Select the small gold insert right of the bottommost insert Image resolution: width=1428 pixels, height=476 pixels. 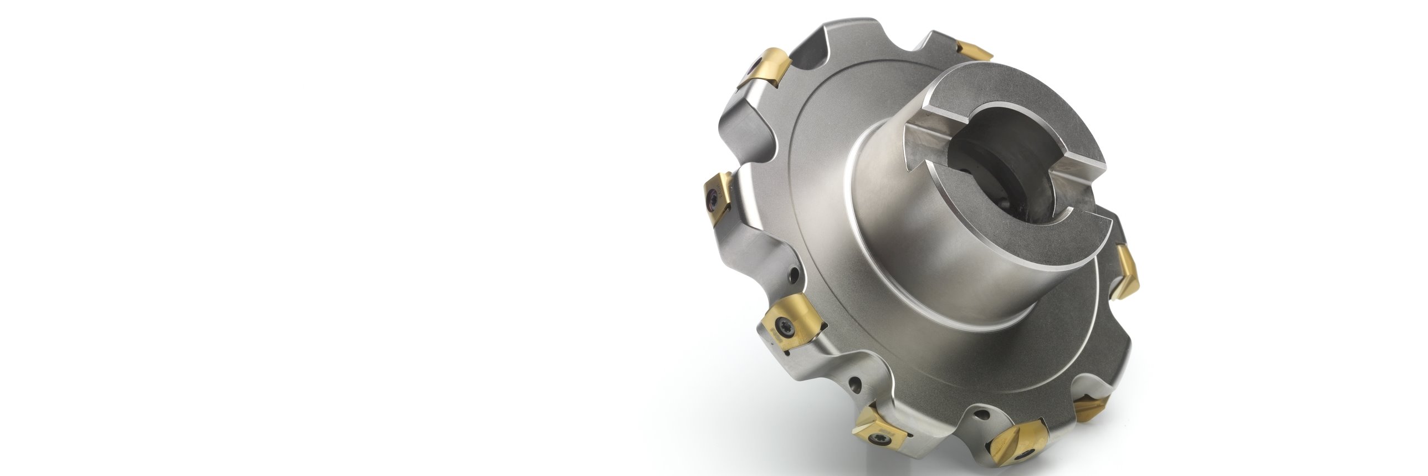[x=1091, y=408]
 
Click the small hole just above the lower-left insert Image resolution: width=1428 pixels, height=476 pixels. [x=795, y=275]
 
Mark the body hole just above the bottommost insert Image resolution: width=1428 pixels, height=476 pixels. [x=984, y=413]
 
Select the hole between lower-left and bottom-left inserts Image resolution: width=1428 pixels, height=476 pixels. [x=857, y=382]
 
